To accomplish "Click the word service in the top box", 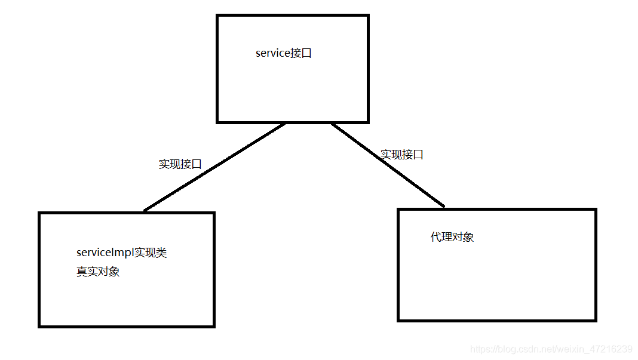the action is coord(272,53).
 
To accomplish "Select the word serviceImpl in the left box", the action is coord(105,253).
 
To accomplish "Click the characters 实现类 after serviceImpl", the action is coord(150,253).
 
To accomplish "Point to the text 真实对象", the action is coord(98,272).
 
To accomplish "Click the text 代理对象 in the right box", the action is coord(452,237).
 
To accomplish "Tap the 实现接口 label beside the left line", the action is coord(180,164).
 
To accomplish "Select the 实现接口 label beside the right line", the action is coord(402,155).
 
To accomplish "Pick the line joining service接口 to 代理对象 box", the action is coord(388,165).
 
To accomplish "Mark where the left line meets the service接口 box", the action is coord(285,124).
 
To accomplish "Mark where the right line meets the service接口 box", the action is coord(332,124).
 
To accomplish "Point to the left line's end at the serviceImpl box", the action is coord(145,211).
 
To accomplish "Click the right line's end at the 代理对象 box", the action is coord(444,207).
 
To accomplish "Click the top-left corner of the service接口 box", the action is coord(217,16).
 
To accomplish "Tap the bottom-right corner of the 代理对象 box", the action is coord(596,320).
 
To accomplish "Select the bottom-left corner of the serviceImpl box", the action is coord(39,326).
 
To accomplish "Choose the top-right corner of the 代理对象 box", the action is coord(596,210).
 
